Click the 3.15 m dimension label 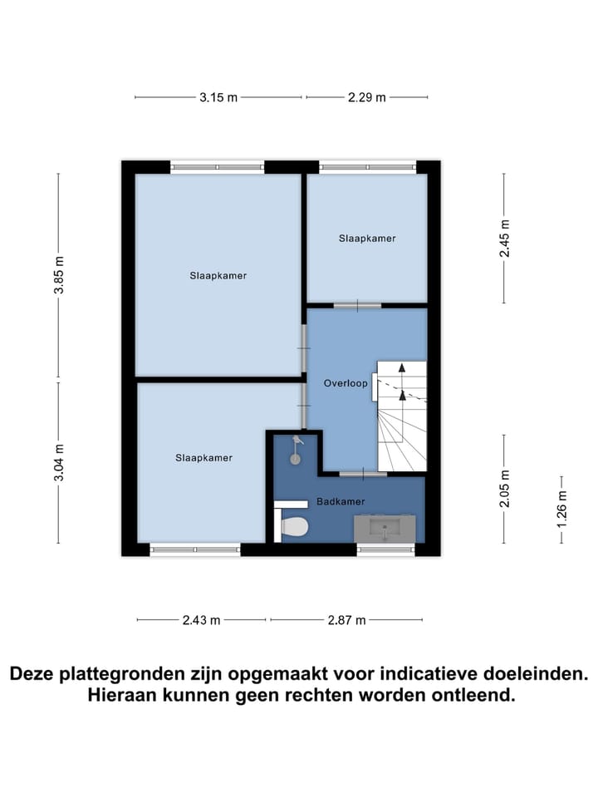[x=218, y=97]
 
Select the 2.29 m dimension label [x=366, y=97]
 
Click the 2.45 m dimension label [x=503, y=239]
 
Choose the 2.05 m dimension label [x=503, y=488]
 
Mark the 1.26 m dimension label [x=562, y=510]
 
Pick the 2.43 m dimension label [x=202, y=619]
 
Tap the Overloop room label [x=346, y=383]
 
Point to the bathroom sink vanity [x=384, y=527]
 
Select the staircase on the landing [x=402, y=416]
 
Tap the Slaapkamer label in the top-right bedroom [x=367, y=238]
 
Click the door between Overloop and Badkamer [x=363, y=474]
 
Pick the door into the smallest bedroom [x=357, y=305]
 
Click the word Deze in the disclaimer [x=37, y=673]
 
